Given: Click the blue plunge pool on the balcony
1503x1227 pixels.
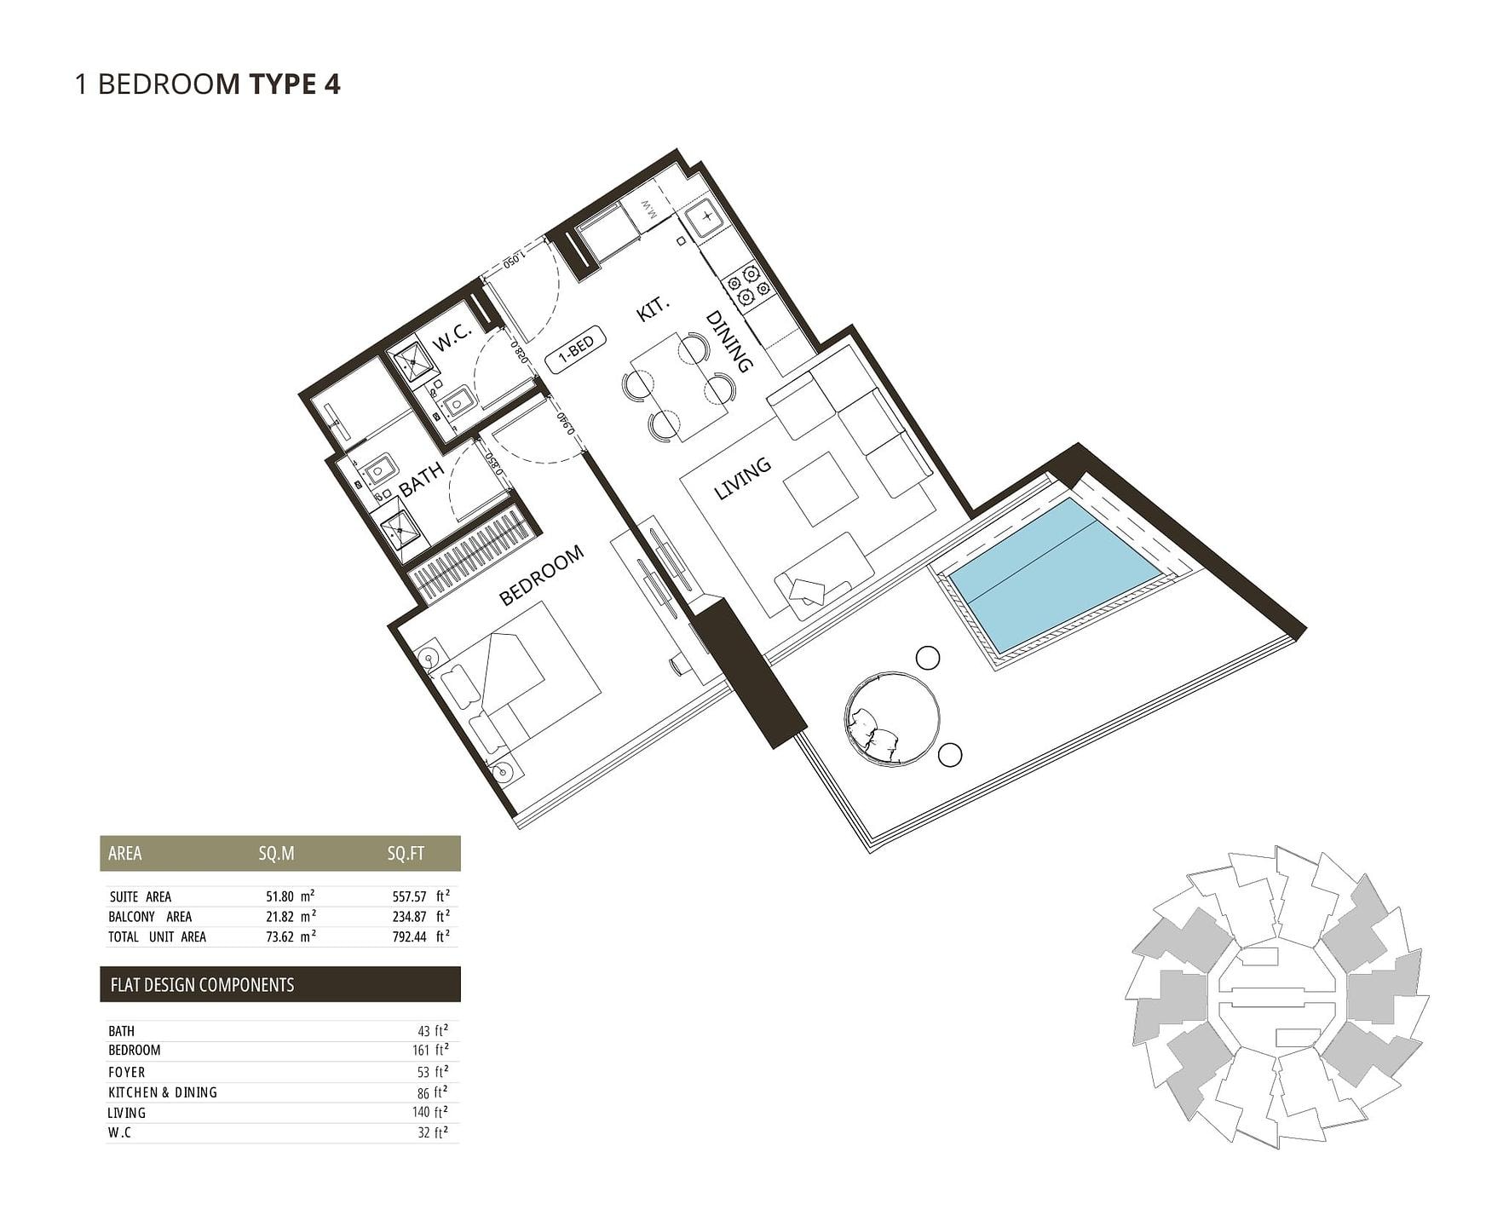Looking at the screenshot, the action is click(x=1054, y=574).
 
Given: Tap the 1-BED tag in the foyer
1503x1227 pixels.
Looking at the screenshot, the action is click(x=576, y=349).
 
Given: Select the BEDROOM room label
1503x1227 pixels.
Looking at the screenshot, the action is click(x=541, y=575).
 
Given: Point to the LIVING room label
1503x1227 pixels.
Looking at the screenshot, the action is click(x=742, y=478).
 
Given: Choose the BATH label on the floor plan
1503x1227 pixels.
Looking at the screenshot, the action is click(x=422, y=480).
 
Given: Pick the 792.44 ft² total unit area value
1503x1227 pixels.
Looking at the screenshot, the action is click(x=417, y=936).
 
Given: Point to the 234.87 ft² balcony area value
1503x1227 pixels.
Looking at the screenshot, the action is click(x=417, y=917).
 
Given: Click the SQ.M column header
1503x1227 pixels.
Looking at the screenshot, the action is click(x=276, y=854).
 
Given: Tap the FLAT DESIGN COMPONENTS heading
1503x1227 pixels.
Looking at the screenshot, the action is click(x=202, y=985).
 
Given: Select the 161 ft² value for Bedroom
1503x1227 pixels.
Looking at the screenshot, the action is click(x=430, y=1051).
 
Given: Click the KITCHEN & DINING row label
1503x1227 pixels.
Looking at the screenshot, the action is click(x=163, y=1092).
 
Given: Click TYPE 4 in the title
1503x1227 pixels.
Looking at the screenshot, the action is click(x=295, y=84).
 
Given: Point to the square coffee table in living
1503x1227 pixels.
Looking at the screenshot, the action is click(x=821, y=488).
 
